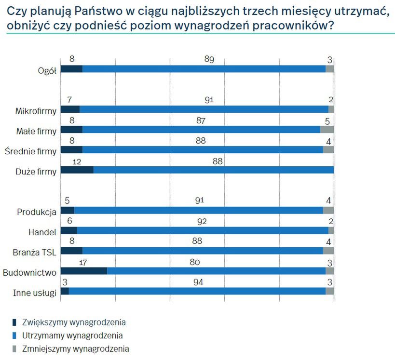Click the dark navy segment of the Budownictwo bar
[x=84, y=271]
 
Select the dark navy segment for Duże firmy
[x=77, y=170]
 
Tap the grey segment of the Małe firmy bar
[x=327, y=130]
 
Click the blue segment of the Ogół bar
[x=204, y=69]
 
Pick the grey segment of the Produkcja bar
[x=328, y=210]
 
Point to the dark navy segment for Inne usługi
[x=65, y=291]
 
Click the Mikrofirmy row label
[x=36, y=110]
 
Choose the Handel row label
[x=44, y=232]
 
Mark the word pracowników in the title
[x=292, y=26]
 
